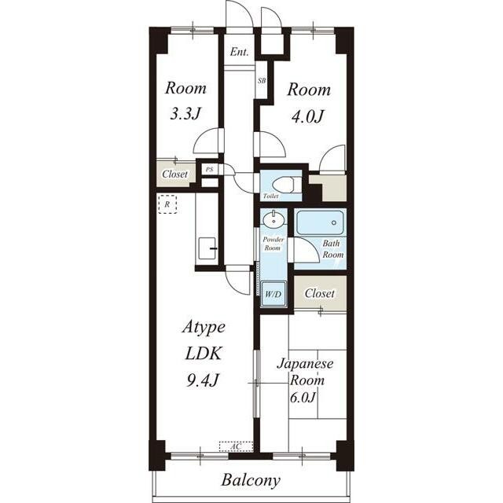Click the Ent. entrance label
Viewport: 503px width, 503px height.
239,52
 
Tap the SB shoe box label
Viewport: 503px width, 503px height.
262,81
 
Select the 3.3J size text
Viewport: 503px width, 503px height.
185,113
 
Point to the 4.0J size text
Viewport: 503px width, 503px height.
307,116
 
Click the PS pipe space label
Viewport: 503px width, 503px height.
210,169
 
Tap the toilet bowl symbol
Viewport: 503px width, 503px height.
285,185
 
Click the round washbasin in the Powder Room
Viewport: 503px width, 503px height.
274,220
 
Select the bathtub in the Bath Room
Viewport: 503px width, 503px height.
320,222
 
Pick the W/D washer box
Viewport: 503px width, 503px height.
273,293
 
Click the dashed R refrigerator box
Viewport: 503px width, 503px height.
167,204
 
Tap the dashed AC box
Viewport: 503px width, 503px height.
237,446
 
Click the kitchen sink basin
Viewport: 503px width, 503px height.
207,248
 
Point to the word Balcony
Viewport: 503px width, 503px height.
251,481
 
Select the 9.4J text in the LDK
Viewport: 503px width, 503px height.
203,380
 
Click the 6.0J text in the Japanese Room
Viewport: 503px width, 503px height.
303,398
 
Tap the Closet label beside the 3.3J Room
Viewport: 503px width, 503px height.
174,174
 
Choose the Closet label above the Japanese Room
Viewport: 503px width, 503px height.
320,293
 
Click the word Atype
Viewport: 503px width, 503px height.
204,328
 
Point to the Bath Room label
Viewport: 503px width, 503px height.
333,249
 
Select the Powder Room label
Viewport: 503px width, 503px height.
273,244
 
